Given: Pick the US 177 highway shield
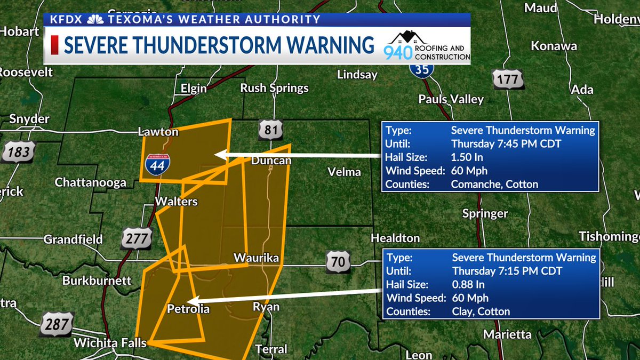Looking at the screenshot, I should point(508,79).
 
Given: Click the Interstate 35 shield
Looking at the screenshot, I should point(422,68).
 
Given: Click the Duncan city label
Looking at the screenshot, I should point(271,161).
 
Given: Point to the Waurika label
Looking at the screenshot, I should point(256,258).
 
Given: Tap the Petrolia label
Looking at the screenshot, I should point(188,309).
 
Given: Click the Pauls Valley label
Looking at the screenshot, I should point(451,99).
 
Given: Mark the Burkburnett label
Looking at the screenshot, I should point(97,281).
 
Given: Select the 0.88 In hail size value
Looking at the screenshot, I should point(470,285).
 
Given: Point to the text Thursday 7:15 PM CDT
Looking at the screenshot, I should point(506,271).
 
